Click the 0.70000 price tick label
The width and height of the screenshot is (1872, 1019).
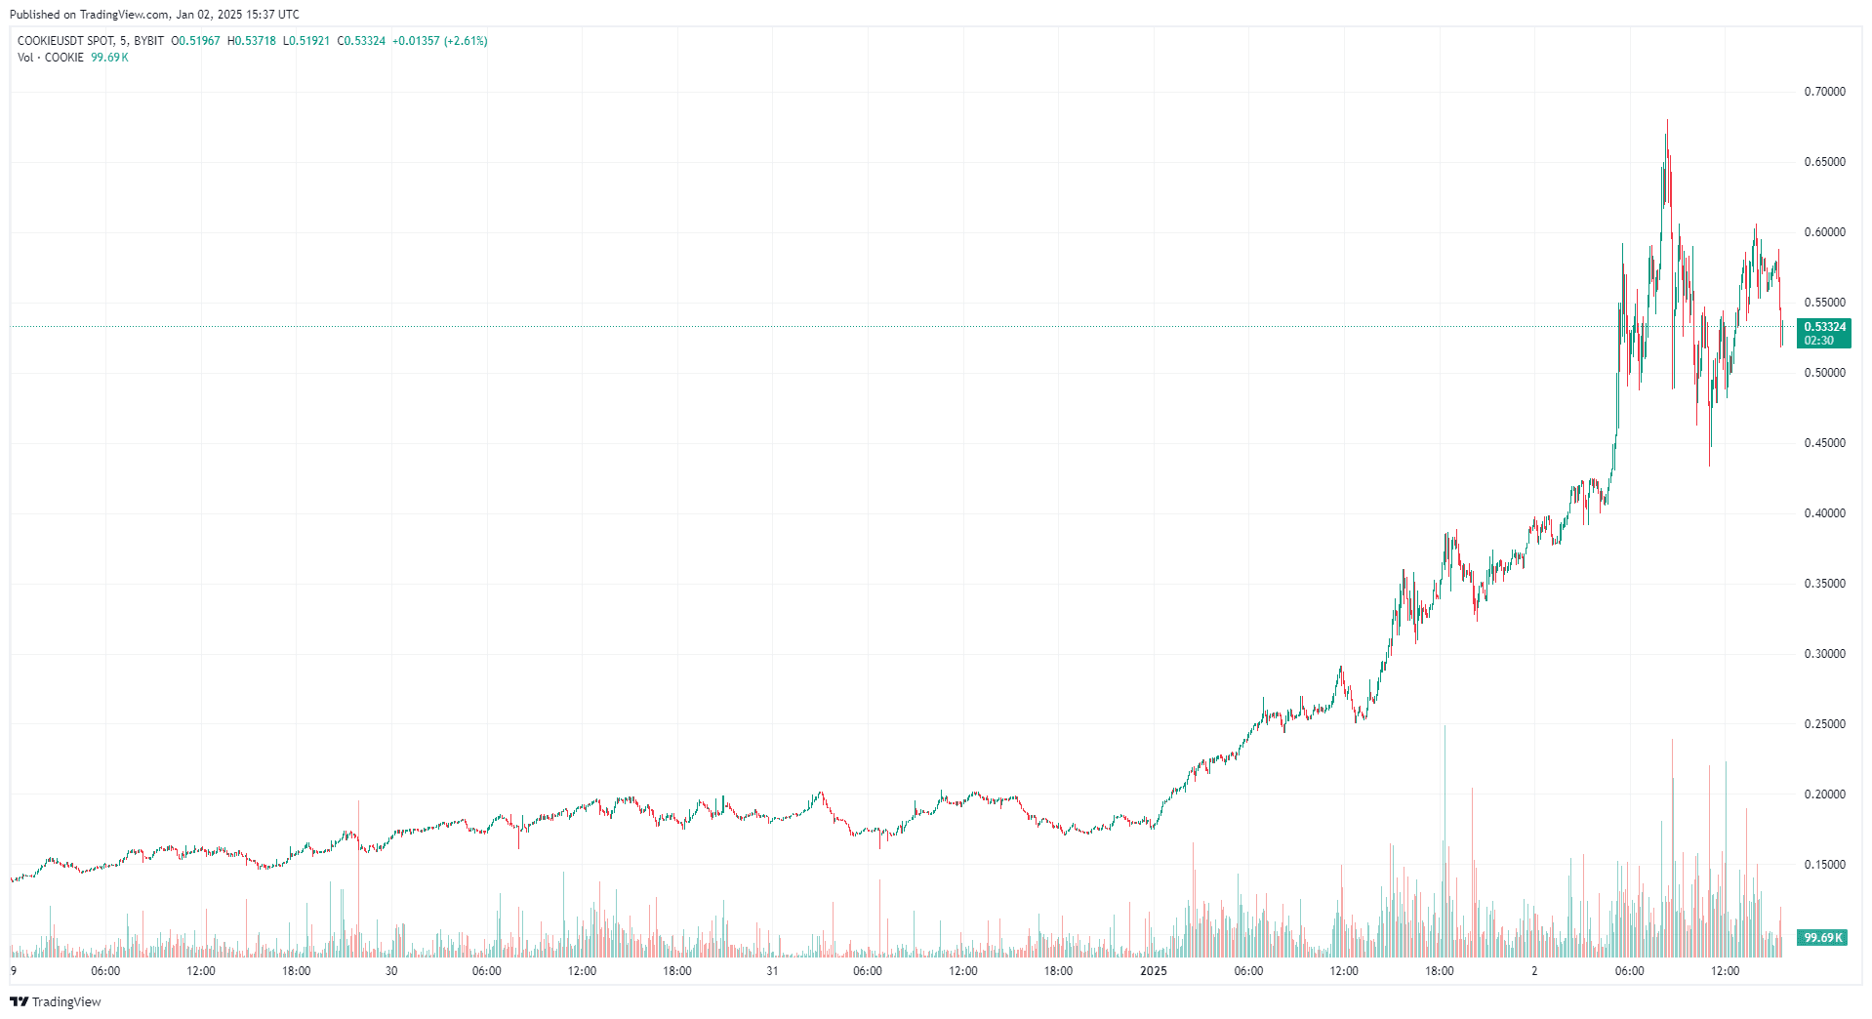tap(1824, 92)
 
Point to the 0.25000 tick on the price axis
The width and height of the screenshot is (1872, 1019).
tap(1824, 724)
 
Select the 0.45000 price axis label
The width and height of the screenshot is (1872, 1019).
tap(1824, 443)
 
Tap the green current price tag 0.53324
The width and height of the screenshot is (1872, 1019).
tap(1824, 327)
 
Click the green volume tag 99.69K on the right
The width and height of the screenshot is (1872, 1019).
tap(1822, 938)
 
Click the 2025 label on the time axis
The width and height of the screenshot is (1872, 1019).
tap(1154, 971)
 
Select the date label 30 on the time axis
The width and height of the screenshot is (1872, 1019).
tap(391, 971)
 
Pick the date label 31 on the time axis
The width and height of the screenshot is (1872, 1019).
tap(772, 971)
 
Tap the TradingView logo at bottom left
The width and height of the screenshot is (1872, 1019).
tap(56, 1001)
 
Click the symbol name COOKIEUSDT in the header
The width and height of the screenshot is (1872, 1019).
tap(51, 41)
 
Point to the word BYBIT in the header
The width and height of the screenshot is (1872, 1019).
tap(148, 41)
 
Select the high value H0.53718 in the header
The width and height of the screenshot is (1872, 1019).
tap(252, 41)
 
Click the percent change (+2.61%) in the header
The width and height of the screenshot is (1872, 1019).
tap(466, 41)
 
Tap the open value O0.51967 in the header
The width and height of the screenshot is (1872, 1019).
tap(196, 41)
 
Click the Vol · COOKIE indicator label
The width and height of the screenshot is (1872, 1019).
tap(51, 58)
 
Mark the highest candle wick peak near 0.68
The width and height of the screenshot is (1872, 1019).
tap(1667, 120)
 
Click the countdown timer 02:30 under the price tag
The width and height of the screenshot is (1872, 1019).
tap(1818, 341)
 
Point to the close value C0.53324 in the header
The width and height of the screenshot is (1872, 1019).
tap(361, 41)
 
